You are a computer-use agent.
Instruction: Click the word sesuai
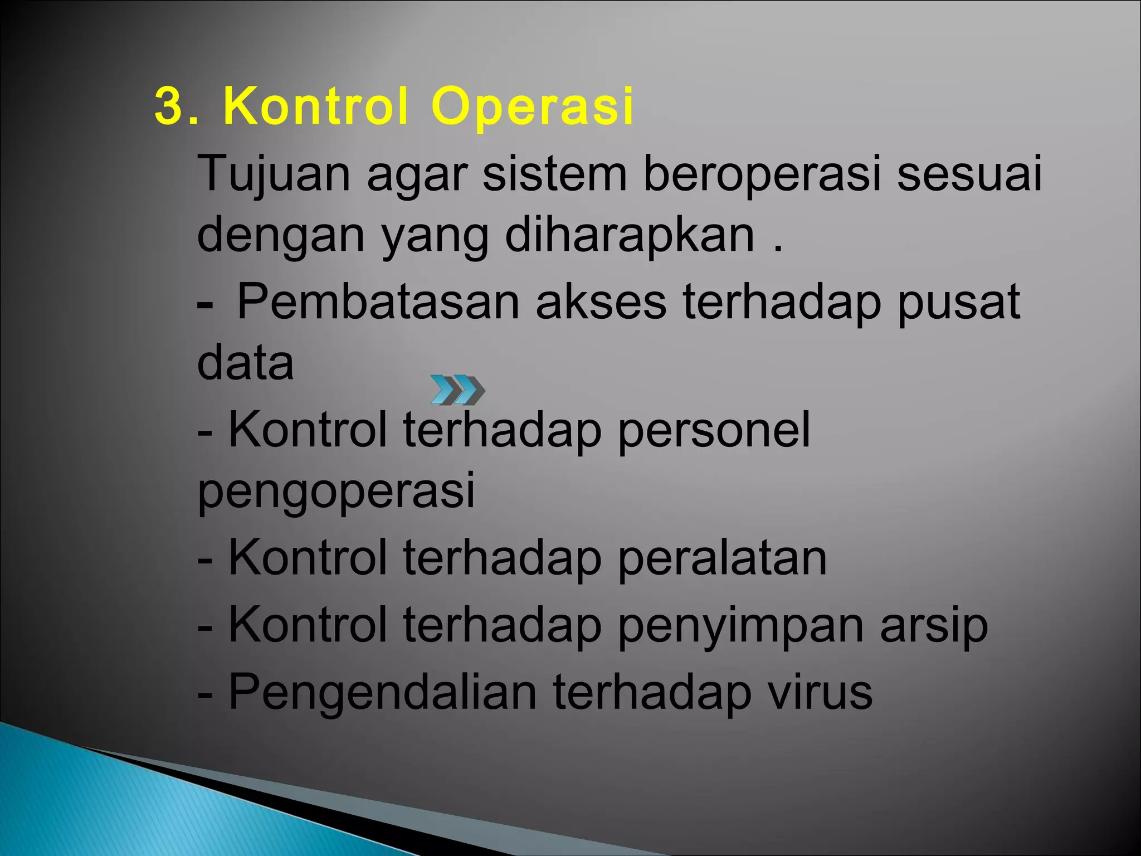(x=969, y=174)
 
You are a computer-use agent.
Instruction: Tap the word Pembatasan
(x=378, y=302)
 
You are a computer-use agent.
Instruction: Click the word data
(x=245, y=363)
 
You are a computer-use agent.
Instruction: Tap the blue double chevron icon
(x=457, y=390)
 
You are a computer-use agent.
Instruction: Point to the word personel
(x=714, y=430)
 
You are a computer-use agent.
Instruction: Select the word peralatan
(x=722, y=558)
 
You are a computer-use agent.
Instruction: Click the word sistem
(x=554, y=174)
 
